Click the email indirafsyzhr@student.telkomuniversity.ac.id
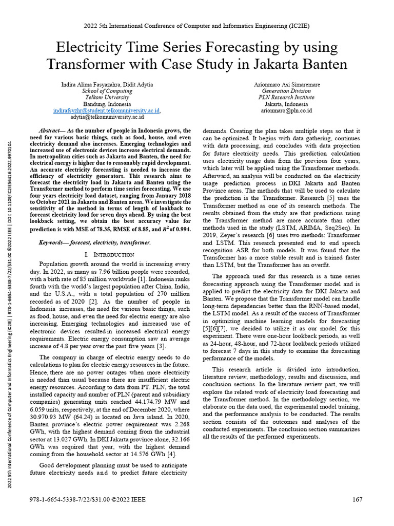(106, 110)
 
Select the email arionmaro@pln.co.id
(286, 110)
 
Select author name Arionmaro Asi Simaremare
(286, 84)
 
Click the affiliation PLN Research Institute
(286, 97)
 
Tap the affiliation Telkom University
(107, 97)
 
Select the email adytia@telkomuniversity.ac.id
(106, 117)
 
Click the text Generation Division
(286, 90)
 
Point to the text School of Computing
(107, 90)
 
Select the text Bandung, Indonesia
(107, 104)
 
